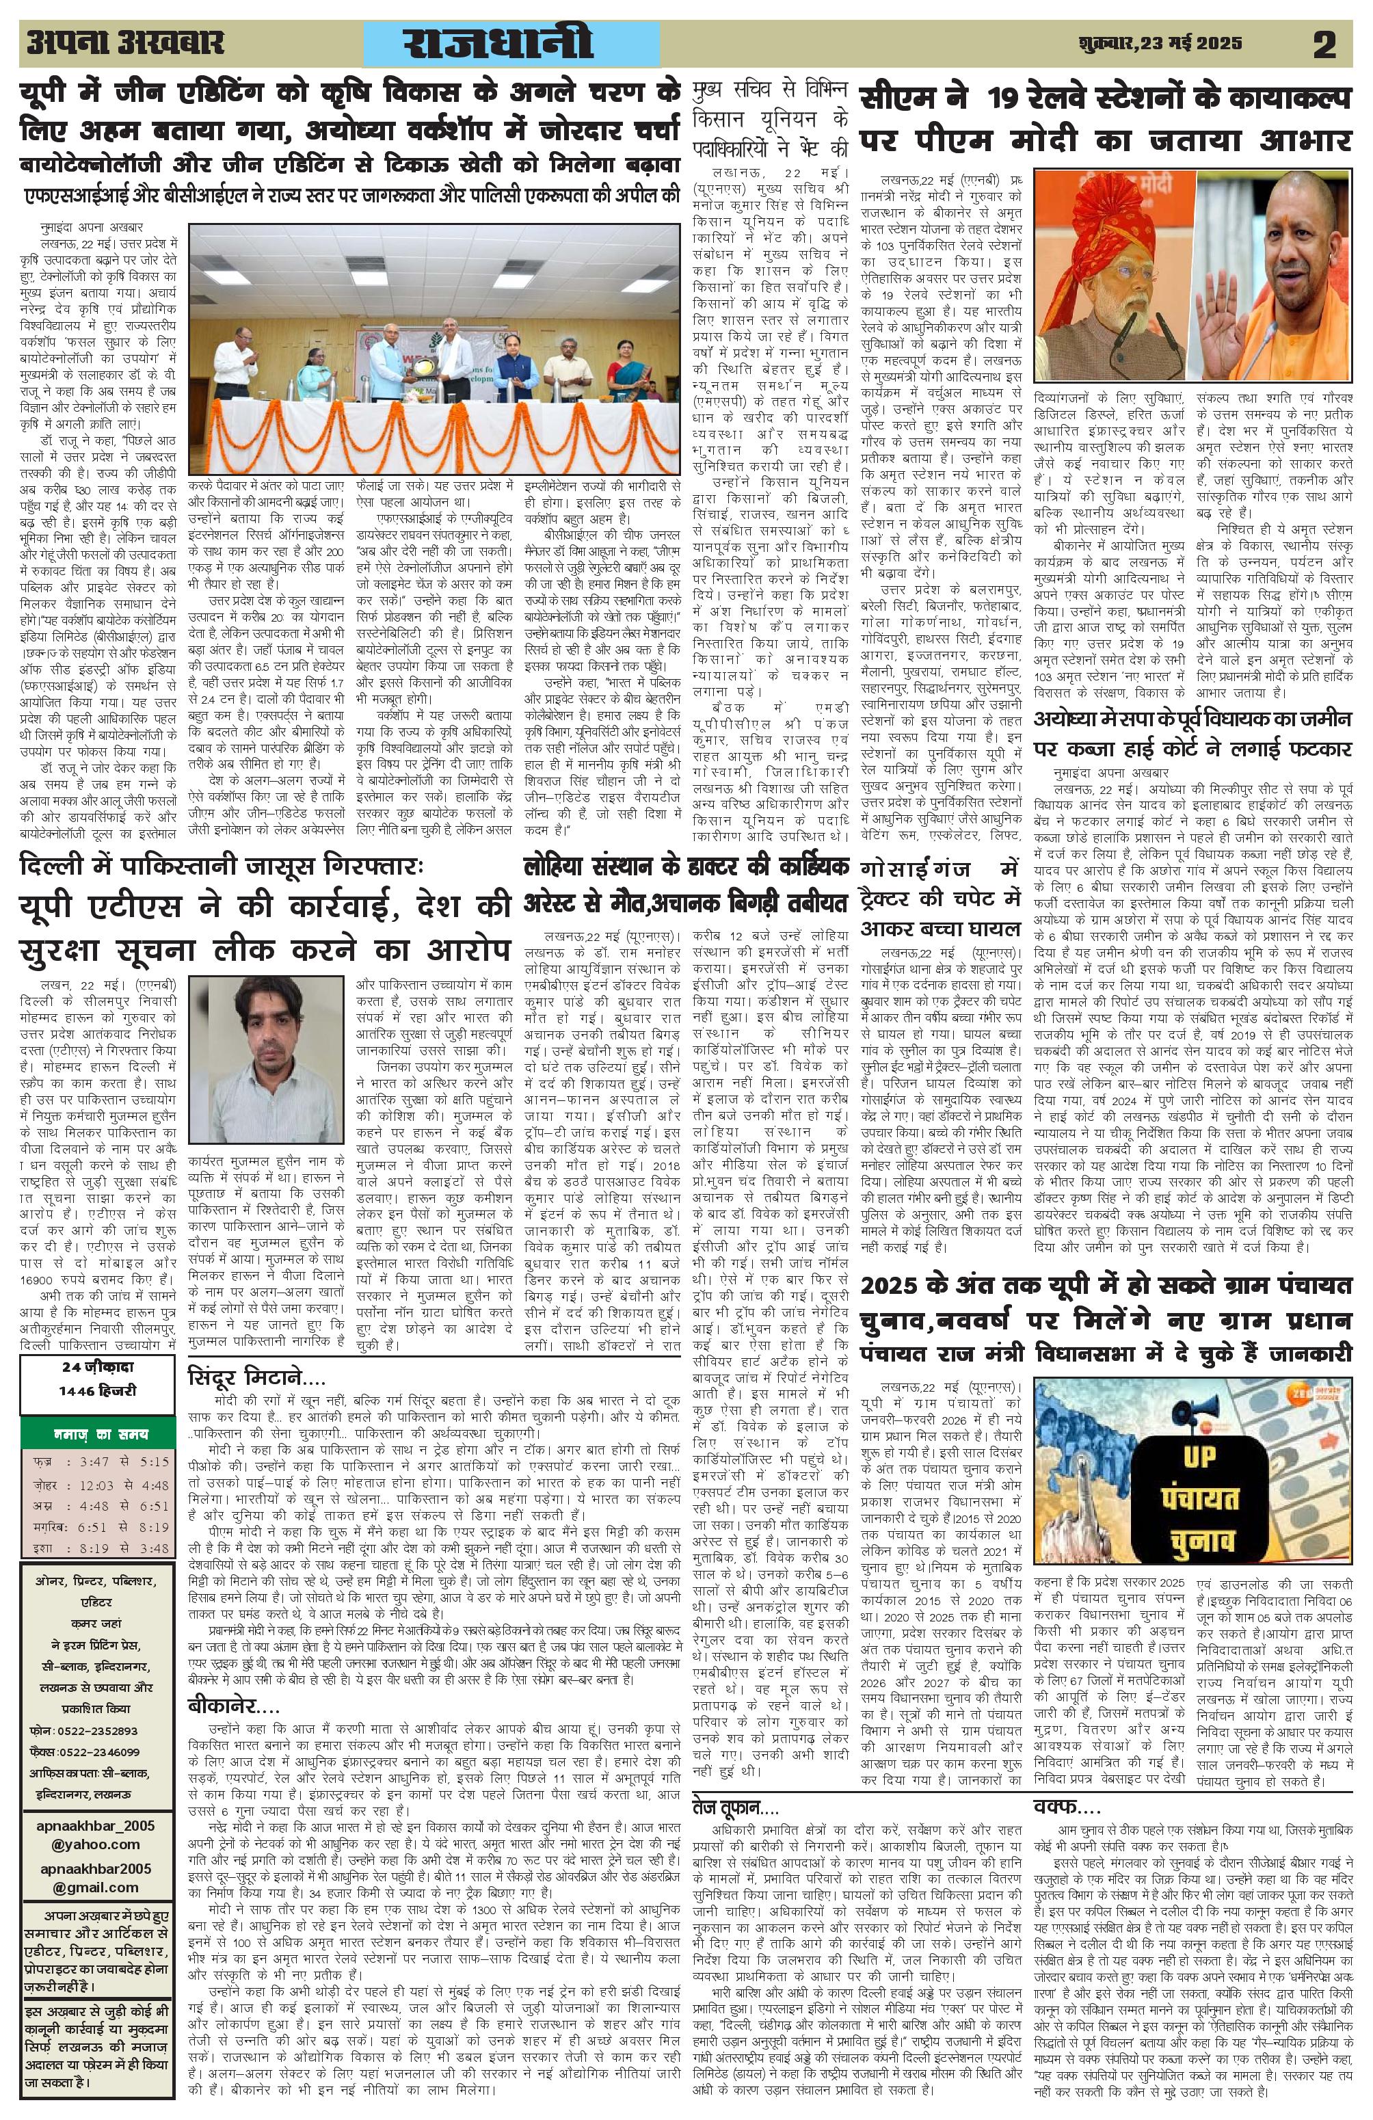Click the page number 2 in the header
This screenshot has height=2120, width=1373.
tap(1324, 44)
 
